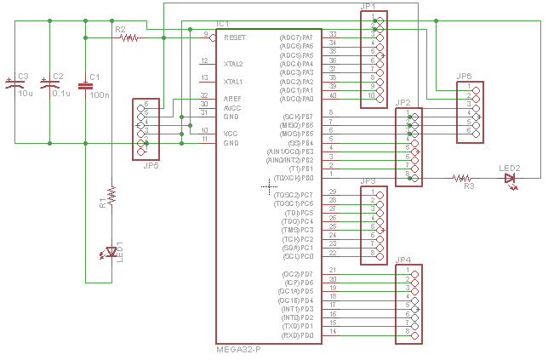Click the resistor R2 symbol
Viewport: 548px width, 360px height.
[132, 37]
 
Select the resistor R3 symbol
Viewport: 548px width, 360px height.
[462, 179]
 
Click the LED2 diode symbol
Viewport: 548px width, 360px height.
[511, 179]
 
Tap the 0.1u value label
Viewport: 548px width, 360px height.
[61, 94]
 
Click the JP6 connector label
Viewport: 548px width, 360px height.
[464, 77]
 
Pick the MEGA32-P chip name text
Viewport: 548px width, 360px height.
[238, 350]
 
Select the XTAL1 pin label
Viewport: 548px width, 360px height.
[233, 82]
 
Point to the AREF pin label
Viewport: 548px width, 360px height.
[232, 99]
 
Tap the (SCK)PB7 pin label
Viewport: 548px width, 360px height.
[296, 116]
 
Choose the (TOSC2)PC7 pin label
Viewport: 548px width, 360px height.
[294, 195]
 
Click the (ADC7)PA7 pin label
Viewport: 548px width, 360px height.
[296, 37]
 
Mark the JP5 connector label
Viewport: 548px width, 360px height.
[150, 165]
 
